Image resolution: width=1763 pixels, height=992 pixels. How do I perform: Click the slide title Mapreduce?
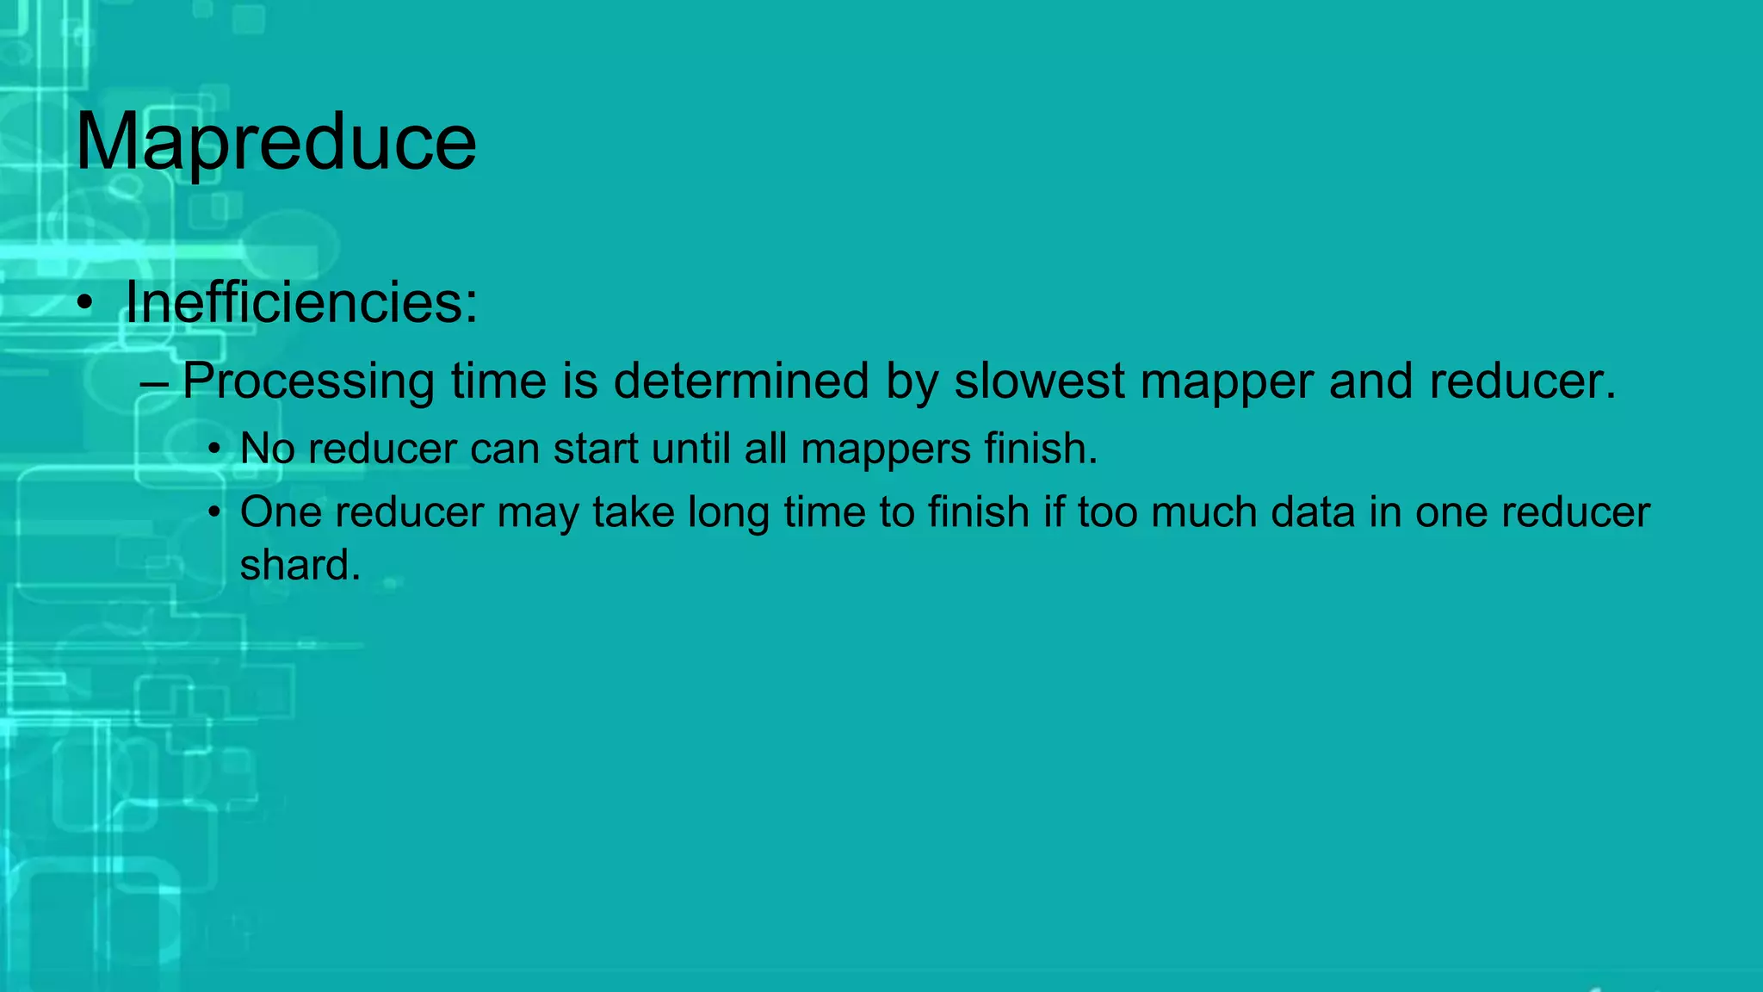click(275, 142)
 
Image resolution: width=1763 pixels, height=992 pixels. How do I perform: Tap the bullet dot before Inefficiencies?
click(84, 304)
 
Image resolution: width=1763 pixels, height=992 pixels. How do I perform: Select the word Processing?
click(308, 381)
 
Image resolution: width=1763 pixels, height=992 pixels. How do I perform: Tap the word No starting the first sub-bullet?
click(267, 449)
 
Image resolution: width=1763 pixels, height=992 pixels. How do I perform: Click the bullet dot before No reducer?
click(214, 449)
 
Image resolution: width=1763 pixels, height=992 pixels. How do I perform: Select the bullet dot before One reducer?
click(214, 513)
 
